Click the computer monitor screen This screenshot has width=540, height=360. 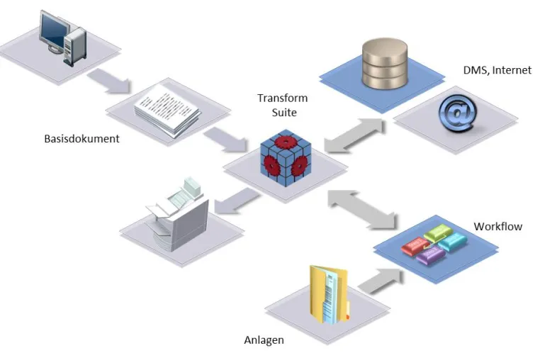pos(52,30)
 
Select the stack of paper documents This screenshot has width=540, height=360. pos(167,110)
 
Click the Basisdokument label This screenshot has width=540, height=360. pos(81,139)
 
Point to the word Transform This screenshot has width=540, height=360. pos(282,99)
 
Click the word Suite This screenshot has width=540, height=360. pos(284,113)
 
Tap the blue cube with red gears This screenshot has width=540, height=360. pos(286,158)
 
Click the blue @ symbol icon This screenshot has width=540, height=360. pos(458,113)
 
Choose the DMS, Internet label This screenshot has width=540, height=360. pos(497,70)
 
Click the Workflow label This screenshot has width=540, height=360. pos(497,227)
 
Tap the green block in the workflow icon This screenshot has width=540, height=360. pos(438,232)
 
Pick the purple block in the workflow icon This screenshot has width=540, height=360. pos(430,255)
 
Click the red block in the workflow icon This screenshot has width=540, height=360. pos(416,245)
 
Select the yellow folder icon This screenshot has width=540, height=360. pos(330,295)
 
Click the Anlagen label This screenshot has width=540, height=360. pos(264,340)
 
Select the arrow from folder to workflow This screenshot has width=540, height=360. pos(381,281)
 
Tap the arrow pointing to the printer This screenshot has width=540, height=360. pos(237,202)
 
